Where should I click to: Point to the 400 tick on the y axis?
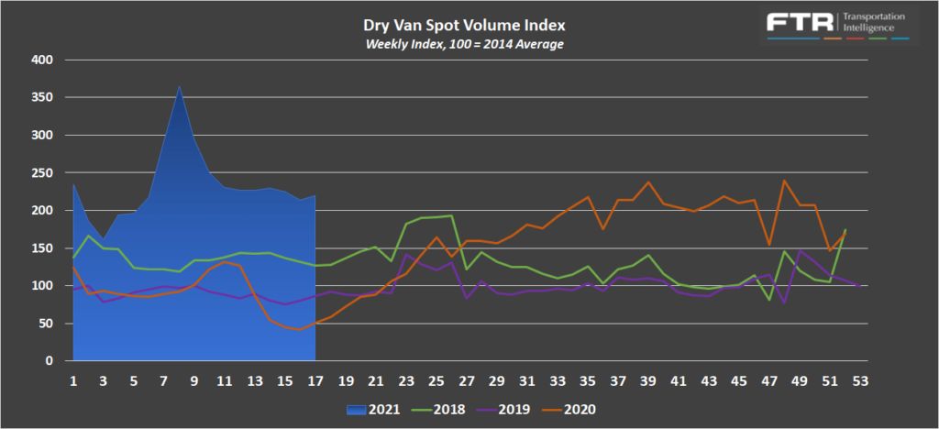tap(43, 60)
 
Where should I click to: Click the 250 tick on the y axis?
tap(43, 172)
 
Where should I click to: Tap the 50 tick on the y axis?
tap(47, 324)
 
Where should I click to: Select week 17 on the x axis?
tap(315, 379)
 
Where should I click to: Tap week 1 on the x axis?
tap(73, 379)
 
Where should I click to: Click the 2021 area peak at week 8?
tap(179, 87)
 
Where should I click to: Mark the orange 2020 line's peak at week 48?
tap(784, 181)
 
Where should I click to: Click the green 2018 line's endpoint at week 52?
tap(844, 230)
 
